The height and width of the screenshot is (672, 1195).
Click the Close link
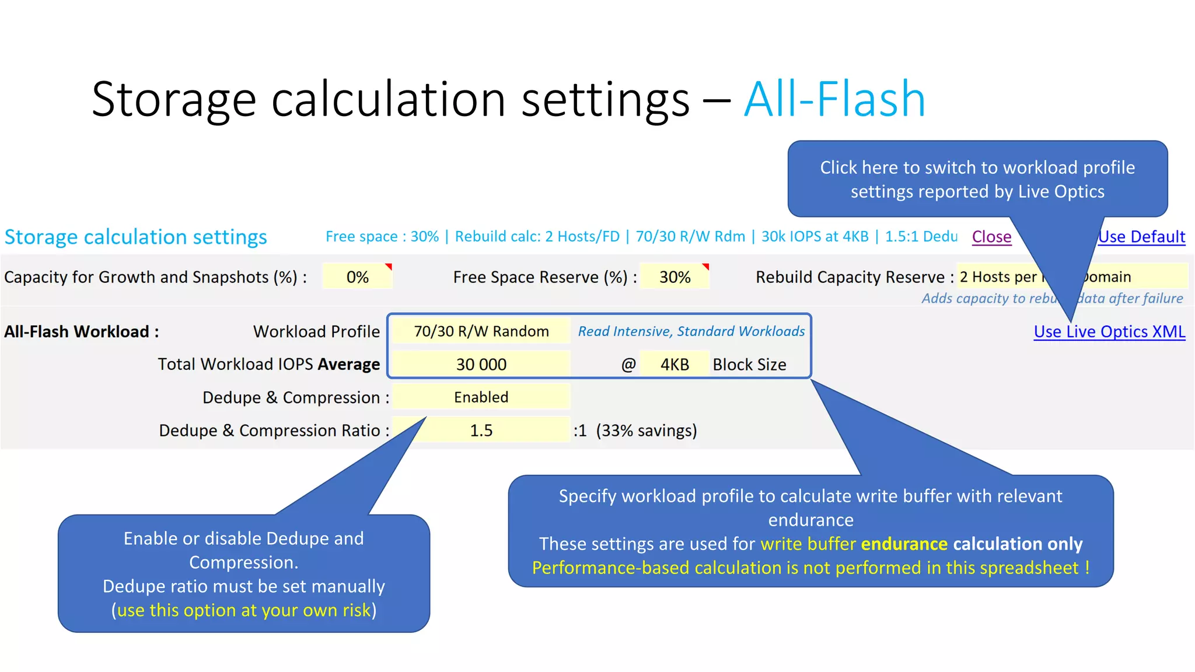pyautogui.click(x=991, y=237)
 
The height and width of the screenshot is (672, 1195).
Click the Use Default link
pyautogui.click(x=1142, y=237)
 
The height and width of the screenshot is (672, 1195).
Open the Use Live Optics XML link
pyautogui.click(x=1109, y=332)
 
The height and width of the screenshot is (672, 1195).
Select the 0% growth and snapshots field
pyautogui.click(x=357, y=277)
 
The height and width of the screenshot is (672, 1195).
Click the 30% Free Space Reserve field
pyautogui.click(x=675, y=277)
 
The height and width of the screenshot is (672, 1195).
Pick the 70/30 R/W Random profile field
pyautogui.click(x=481, y=331)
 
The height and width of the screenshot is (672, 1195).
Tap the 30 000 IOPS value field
pyautogui.click(x=481, y=365)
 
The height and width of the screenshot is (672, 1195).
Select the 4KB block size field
pyautogui.click(x=675, y=365)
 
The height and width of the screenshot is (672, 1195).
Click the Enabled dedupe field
pyautogui.click(x=481, y=397)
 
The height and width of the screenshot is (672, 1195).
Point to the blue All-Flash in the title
pyautogui.click(x=834, y=99)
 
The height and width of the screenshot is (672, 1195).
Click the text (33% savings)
pyautogui.click(x=647, y=430)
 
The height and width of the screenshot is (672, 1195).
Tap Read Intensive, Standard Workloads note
pyautogui.click(x=691, y=331)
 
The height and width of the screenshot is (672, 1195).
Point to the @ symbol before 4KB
pyautogui.click(x=628, y=365)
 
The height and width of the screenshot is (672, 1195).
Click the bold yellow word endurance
pyautogui.click(x=904, y=544)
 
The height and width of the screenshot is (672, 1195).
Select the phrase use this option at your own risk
pyautogui.click(x=244, y=610)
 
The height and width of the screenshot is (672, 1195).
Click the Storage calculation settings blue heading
pyautogui.click(x=135, y=237)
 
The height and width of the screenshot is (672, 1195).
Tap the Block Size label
pyautogui.click(x=749, y=365)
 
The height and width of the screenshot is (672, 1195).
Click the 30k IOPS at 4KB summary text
pyautogui.click(x=815, y=237)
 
